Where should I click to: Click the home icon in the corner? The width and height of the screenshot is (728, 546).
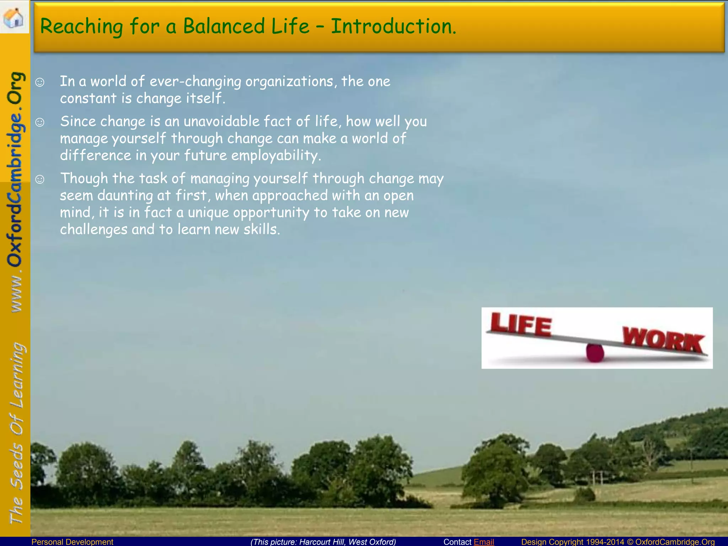pyautogui.click(x=14, y=17)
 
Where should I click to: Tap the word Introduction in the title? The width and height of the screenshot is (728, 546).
pyautogui.click(x=393, y=26)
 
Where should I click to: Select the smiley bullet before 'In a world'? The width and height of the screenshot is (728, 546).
pyautogui.click(x=40, y=82)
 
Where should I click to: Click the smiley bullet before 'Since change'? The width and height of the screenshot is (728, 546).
pyautogui.click(x=40, y=123)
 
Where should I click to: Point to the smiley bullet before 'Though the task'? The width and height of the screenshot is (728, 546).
pyautogui.click(x=40, y=180)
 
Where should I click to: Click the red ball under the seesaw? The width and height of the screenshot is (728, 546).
pyautogui.click(x=595, y=353)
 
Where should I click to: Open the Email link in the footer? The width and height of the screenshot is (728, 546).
pyautogui.click(x=484, y=542)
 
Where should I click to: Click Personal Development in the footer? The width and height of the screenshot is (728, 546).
pyautogui.click(x=72, y=542)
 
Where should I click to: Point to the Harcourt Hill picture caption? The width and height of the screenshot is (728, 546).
pyautogui.click(x=323, y=542)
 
